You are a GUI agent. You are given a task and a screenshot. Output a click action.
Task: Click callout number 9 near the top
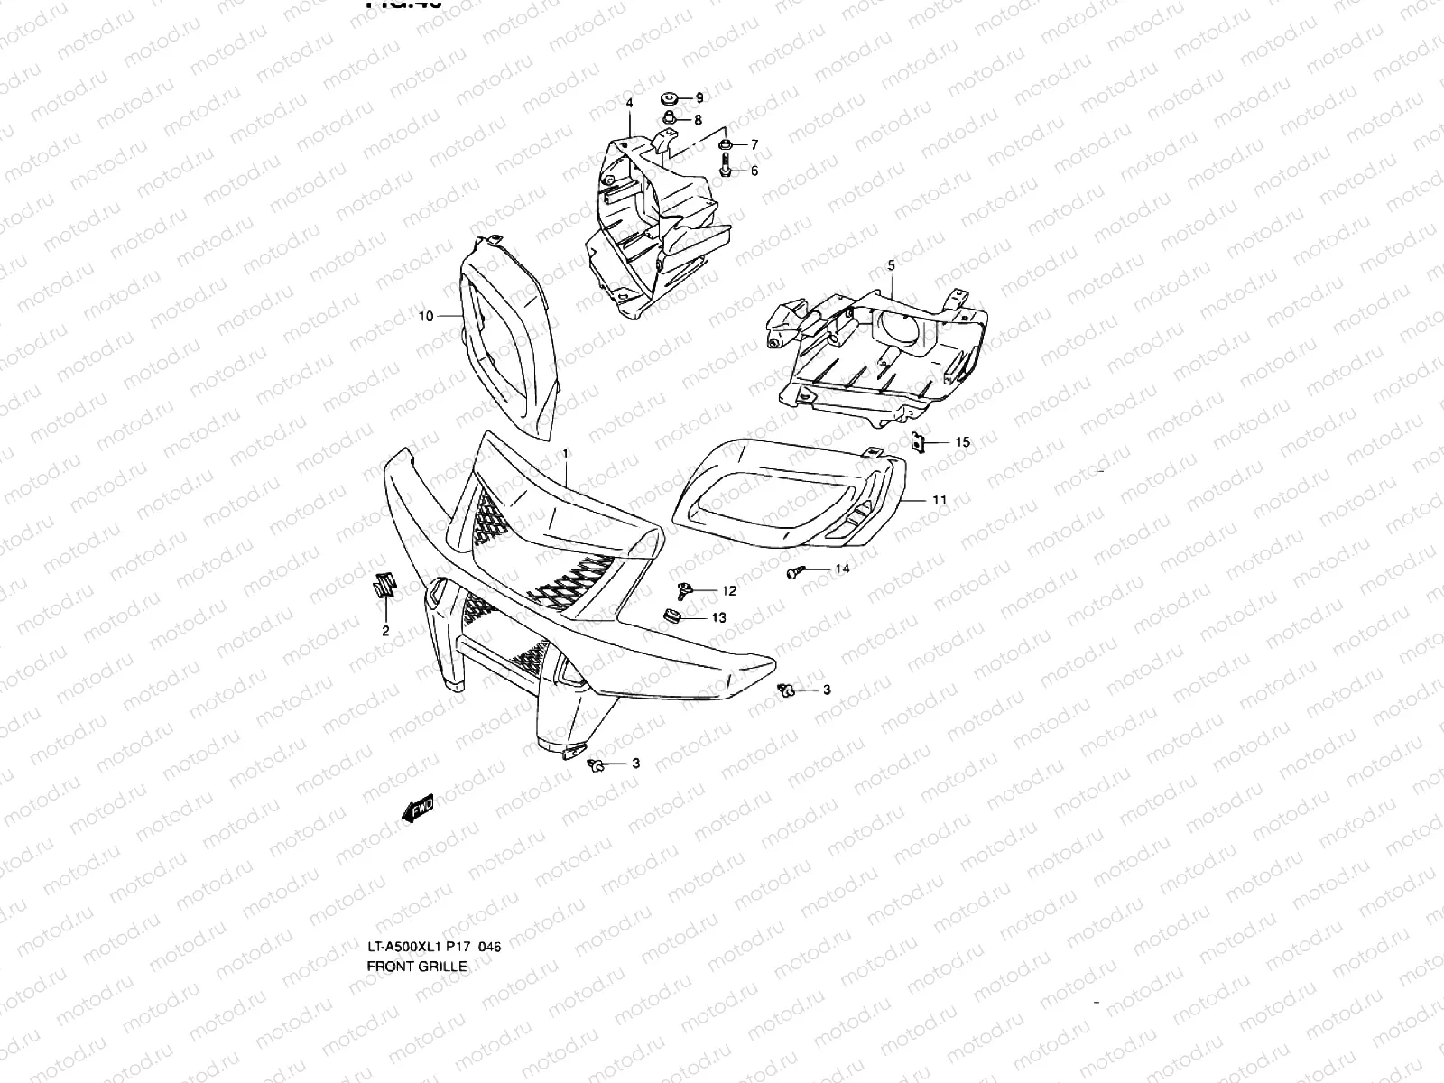[x=699, y=97]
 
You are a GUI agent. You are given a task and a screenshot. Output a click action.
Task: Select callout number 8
[x=698, y=119]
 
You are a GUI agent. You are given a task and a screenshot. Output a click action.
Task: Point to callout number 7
[x=754, y=144]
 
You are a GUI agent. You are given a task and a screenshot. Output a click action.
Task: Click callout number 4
[x=629, y=105]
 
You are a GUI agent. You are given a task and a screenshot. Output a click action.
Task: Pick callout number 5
[x=892, y=265]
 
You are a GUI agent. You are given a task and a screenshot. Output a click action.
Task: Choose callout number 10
[x=426, y=316]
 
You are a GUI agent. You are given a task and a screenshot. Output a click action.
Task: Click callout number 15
[x=963, y=442]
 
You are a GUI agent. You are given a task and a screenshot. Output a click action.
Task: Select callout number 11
[x=940, y=499]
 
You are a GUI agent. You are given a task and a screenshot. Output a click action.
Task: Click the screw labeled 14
[x=794, y=571]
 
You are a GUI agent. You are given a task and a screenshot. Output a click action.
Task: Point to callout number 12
[x=728, y=591]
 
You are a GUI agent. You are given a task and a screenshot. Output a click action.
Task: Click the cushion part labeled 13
[x=671, y=616]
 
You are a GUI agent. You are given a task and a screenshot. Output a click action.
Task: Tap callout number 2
[x=385, y=631]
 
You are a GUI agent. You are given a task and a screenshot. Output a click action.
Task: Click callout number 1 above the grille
[x=565, y=452]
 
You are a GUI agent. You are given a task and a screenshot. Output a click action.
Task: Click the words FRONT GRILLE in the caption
[x=417, y=966]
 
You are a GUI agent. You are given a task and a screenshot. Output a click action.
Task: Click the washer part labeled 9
[x=670, y=97]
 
